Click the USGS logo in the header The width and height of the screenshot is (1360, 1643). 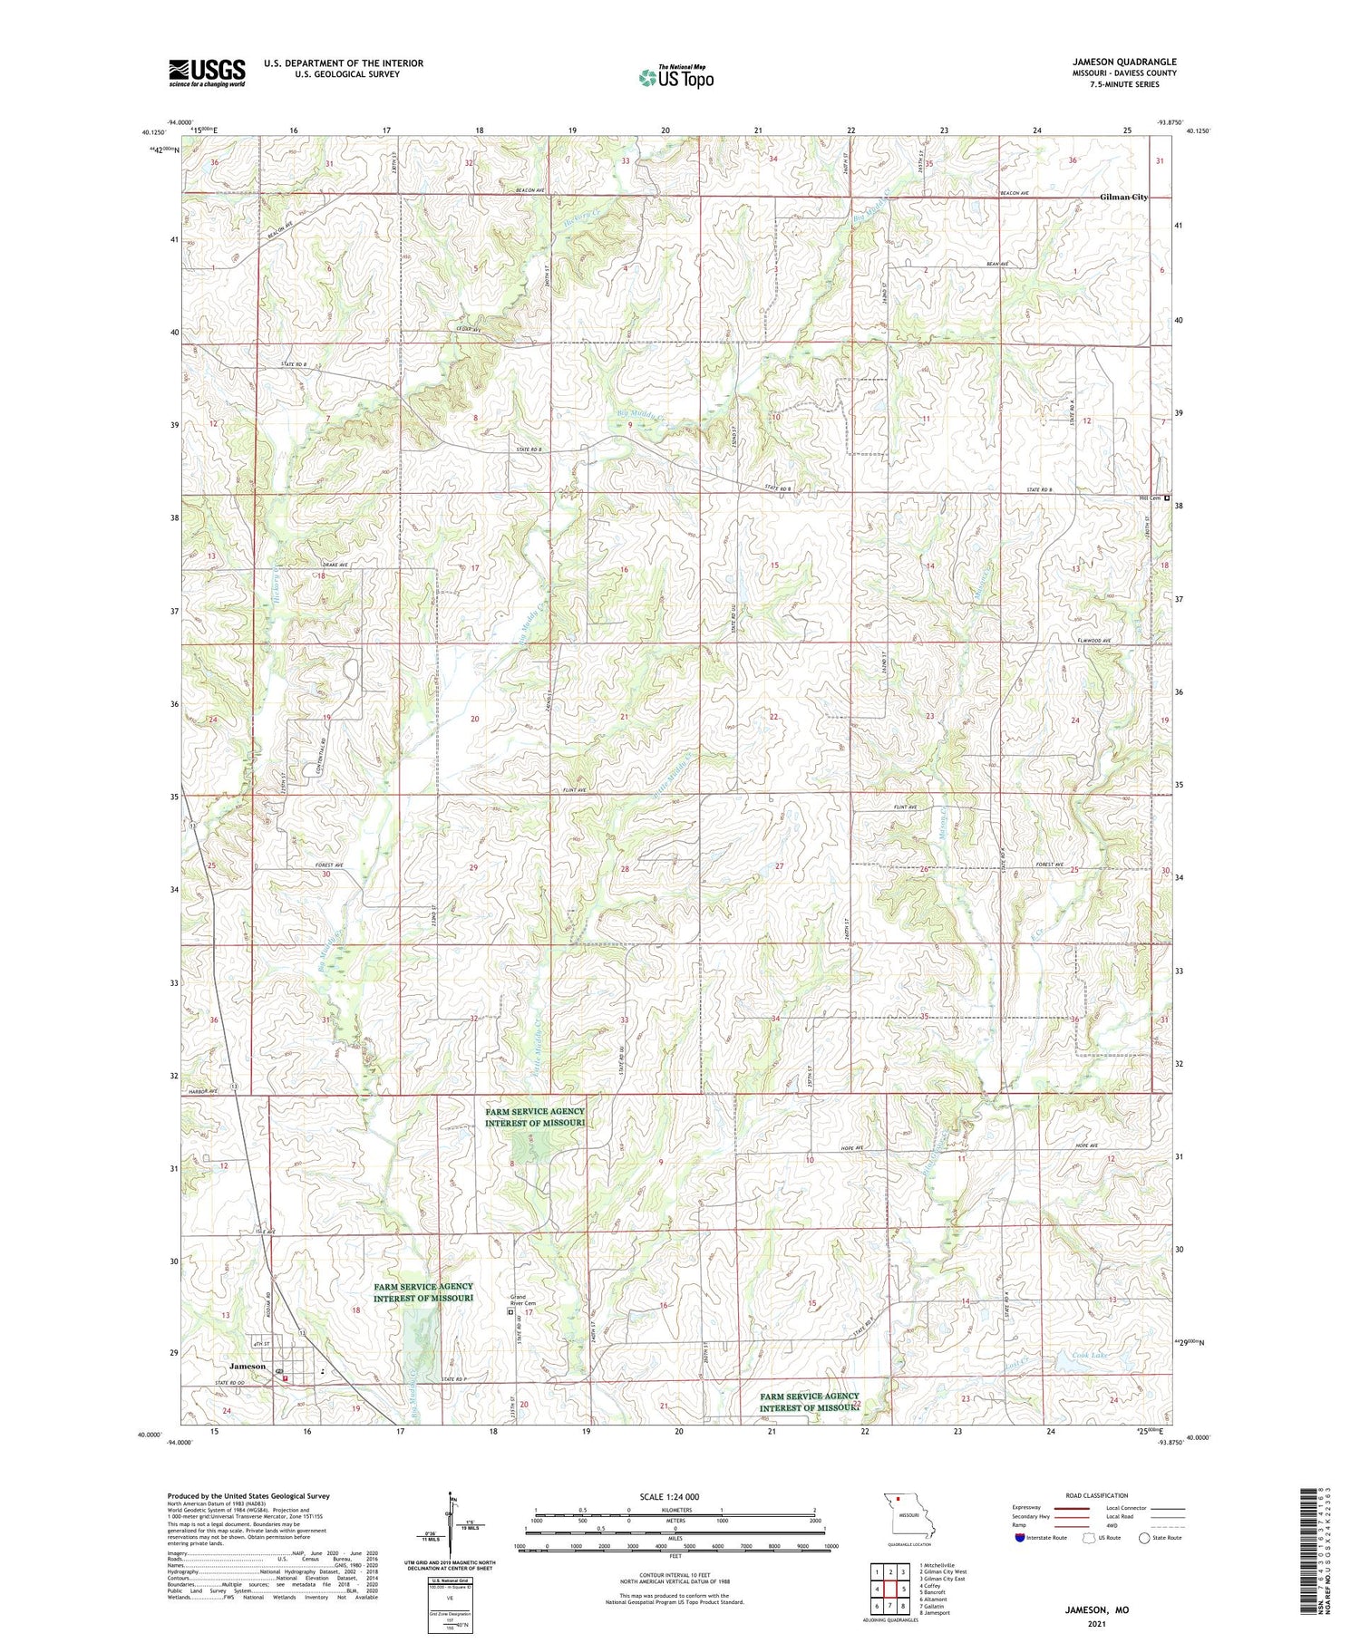click(207, 72)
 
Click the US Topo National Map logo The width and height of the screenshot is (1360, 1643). click(675, 77)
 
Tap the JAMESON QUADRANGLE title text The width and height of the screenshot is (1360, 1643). click(1124, 62)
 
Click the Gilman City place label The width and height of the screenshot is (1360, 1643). click(1123, 197)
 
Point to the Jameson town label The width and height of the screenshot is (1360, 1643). click(248, 1366)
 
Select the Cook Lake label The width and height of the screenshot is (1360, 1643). click(1064, 1356)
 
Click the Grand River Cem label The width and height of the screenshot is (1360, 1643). click(523, 1300)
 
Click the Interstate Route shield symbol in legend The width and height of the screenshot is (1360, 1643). click(1020, 1538)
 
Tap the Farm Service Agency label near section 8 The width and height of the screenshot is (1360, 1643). click(535, 1117)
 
